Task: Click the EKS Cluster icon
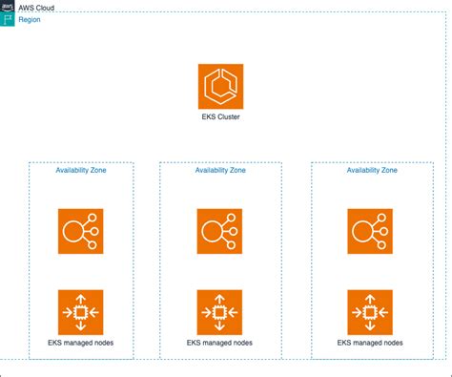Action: pos(220,87)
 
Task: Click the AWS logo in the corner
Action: pos(8,7)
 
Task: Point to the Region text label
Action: pos(30,19)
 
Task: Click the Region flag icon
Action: pos(8,19)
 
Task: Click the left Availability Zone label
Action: pos(81,171)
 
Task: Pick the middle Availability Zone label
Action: pos(219,171)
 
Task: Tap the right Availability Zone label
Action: pos(371,171)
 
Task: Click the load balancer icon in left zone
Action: pos(80,232)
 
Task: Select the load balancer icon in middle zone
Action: pos(219,232)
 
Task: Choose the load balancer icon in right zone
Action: pos(370,232)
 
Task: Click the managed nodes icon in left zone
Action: pos(80,311)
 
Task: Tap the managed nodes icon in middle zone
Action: pos(219,311)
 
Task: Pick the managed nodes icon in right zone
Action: pos(370,311)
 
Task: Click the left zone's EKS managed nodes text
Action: pos(80,342)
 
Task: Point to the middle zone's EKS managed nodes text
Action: pos(219,342)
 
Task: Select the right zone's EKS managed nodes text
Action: pos(370,342)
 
